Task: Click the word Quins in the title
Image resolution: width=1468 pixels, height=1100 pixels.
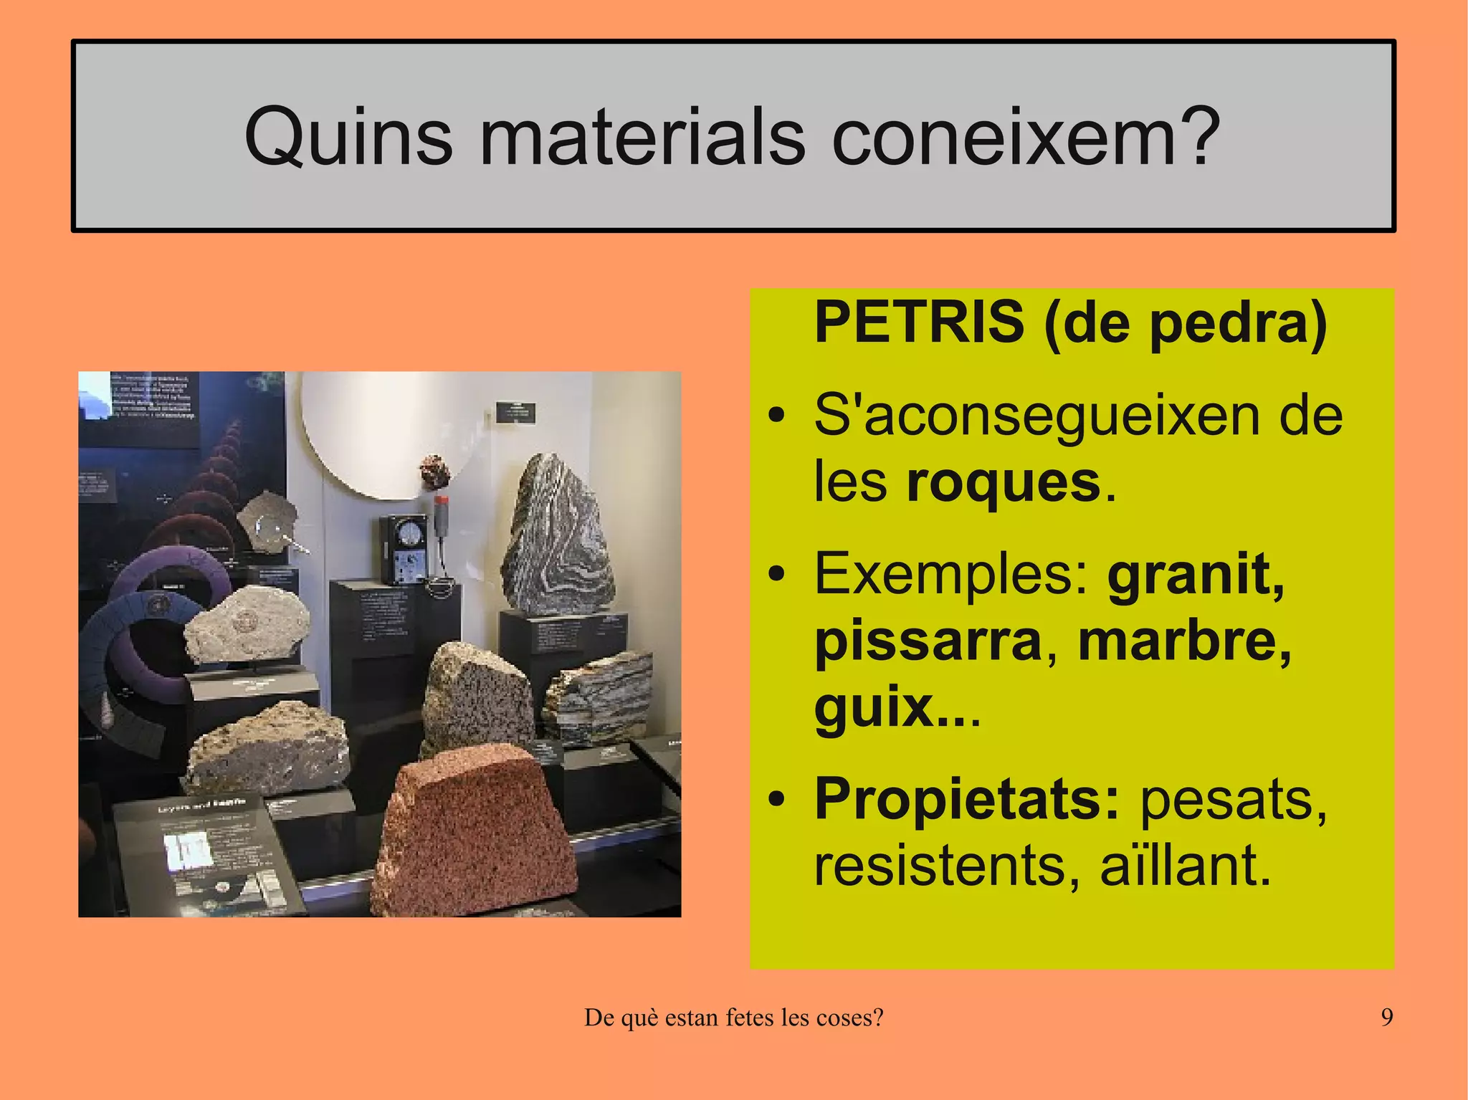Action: click(x=348, y=136)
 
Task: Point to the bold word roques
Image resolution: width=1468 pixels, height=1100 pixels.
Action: click(x=1003, y=482)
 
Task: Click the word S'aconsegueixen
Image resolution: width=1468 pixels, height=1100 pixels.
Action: click(x=1036, y=416)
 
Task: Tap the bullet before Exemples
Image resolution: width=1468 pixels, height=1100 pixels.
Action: click(x=776, y=575)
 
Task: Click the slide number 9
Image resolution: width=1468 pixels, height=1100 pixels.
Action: click(x=1387, y=1017)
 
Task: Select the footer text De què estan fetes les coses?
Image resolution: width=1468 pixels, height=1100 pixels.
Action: click(x=733, y=1017)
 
